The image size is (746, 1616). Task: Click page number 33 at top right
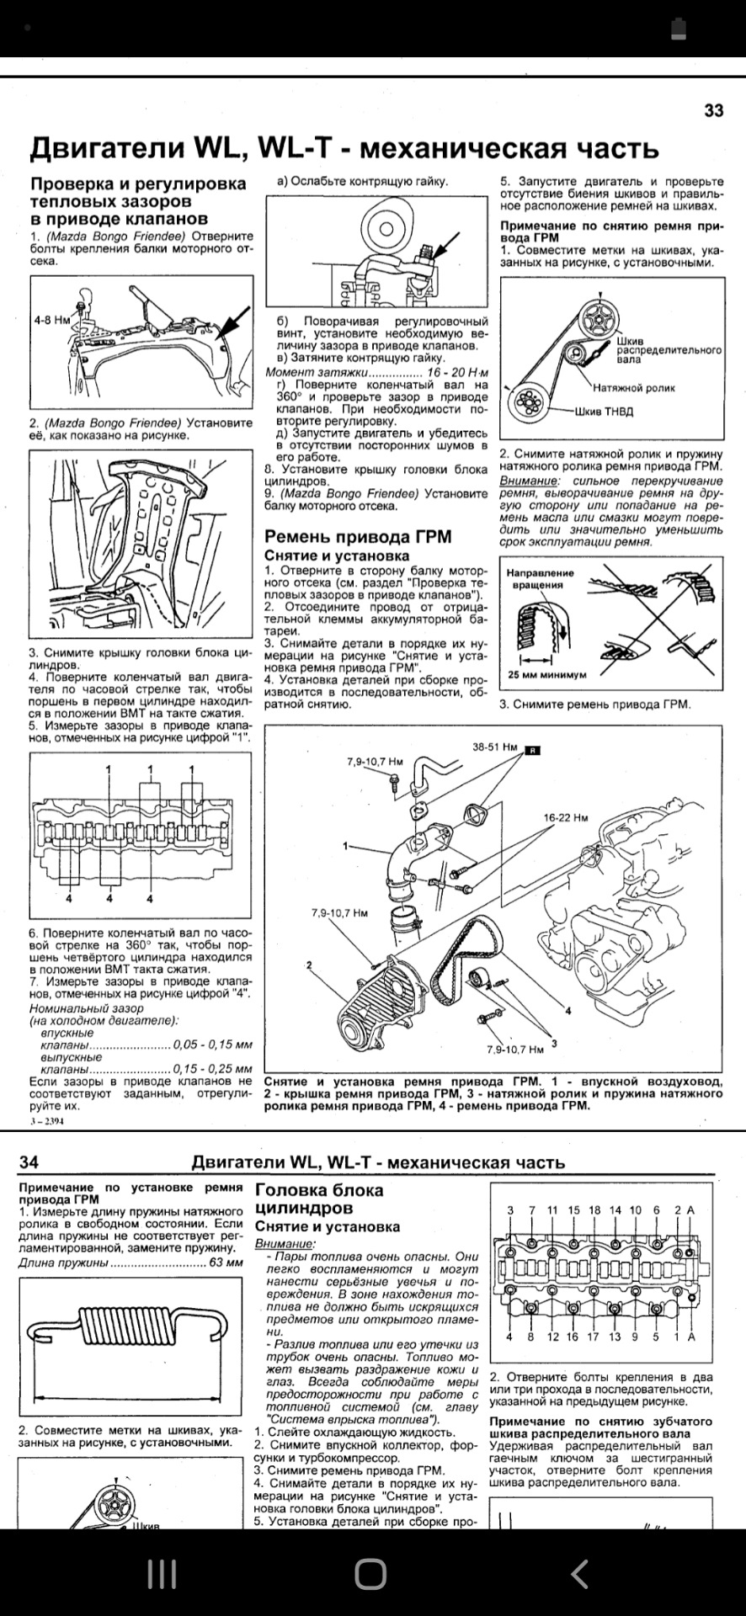(x=713, y=111)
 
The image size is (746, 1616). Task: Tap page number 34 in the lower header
(x=29, y=1162)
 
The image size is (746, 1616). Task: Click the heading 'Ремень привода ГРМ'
(x=358, y=537)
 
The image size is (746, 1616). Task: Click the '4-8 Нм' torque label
(x=51, y=320)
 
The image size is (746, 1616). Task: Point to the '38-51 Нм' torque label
(x=495, y=747)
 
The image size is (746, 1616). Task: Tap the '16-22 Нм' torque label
(x=566, y=817)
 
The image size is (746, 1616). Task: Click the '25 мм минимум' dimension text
(x=547, y=674)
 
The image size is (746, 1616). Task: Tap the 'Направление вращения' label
(x=540, y=578)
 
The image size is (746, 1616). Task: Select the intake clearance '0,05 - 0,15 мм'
(x=212, y=1045)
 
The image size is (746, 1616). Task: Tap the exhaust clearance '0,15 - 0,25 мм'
(x=212, y=1068)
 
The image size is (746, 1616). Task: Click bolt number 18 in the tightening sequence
(x=594, y=1209)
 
